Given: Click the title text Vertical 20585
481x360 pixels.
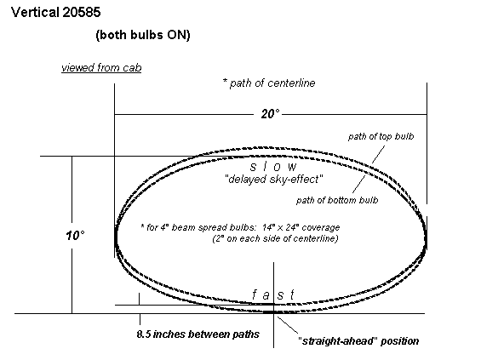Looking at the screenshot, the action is click(56, 12).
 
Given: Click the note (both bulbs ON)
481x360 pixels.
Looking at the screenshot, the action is click(143, 35).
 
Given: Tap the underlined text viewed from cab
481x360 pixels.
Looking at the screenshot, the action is click(101, 67).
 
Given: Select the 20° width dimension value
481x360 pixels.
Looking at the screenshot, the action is click(270, 114).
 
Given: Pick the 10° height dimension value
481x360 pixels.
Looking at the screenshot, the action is click(75, 236).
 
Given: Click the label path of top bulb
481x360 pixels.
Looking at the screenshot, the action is click(381, 136).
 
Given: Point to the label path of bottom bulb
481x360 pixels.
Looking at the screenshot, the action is click(337, 200).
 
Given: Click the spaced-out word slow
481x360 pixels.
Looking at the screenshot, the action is click(273, 167).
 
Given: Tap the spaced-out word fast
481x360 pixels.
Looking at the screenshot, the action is click(273, 294).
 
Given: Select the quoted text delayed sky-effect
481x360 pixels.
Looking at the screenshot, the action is click(274, 179).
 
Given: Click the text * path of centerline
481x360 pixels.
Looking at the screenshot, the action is click(269, 83).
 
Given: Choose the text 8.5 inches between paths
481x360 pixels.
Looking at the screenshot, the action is click(198, 334).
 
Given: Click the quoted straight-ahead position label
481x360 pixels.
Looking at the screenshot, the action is click(358, 341).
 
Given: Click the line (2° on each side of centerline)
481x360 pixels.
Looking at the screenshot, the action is click(275, 238).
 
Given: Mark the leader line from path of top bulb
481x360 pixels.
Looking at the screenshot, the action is click(378, 154).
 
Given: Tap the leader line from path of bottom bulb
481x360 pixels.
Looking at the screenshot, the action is click(359, 185).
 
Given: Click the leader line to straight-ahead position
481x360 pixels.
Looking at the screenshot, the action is click(288, 325).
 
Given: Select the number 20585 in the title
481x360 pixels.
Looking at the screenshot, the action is click(81, 12).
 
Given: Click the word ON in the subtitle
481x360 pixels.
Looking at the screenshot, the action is click(177, 35).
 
